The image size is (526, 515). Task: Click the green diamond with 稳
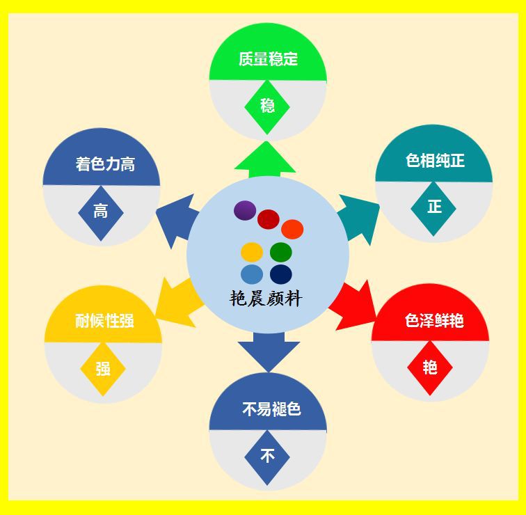pos(267,106)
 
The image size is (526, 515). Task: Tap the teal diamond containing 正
pos(433,207)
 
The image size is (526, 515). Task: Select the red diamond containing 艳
pos(430,367)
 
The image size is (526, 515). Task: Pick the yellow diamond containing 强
pos(103,369)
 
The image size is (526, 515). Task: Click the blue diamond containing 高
pos(101,212)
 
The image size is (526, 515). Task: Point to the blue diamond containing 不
pos(267,457)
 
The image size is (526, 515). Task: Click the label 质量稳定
pos(268,59)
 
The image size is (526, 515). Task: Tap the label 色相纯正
pos(435,161)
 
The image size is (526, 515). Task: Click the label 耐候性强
pos(104,322)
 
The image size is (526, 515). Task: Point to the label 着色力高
pos(105,165)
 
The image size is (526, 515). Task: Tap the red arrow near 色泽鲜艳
pos(351,306)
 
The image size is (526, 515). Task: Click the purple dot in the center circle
pos(245,210)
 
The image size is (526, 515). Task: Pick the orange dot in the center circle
pos(292,229)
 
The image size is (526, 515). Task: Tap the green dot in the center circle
pos(280,252)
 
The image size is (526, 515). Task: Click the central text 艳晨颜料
pos(266,299)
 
